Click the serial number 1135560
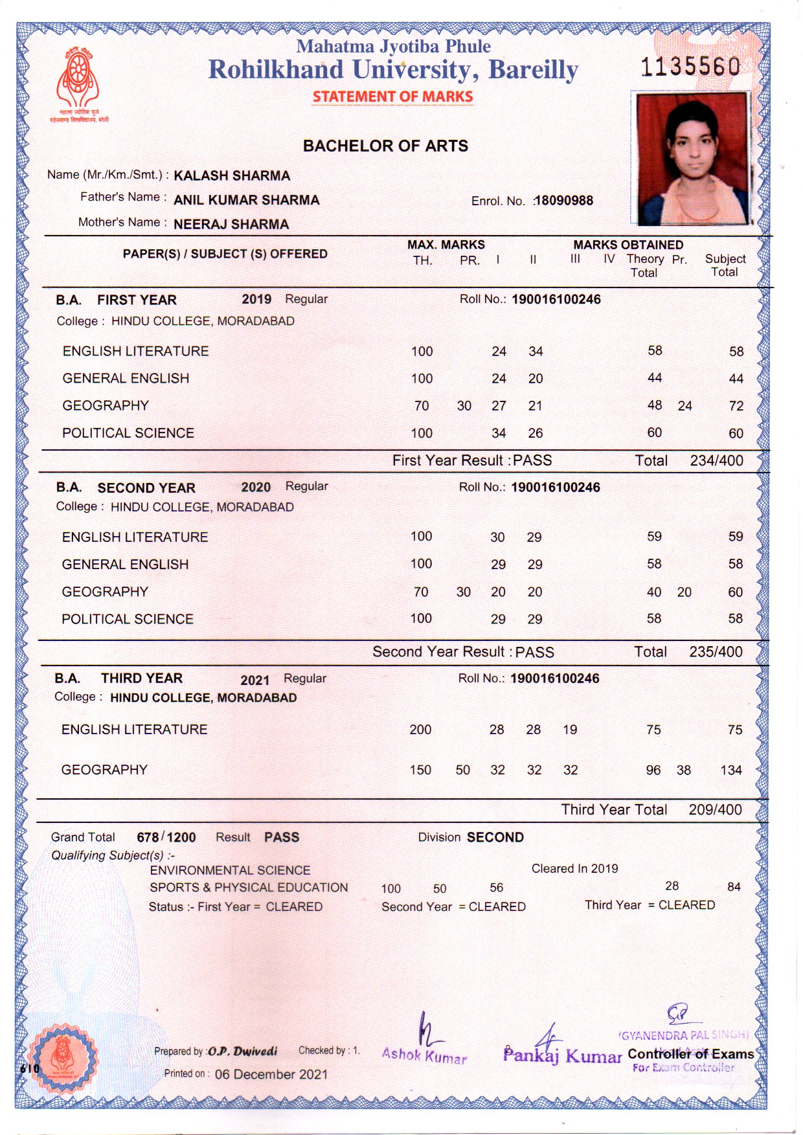coord(690,67)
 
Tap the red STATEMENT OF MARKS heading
coord(392,97)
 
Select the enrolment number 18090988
coord(563,201)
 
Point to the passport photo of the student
coord(692,159)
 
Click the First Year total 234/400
coord(716,461)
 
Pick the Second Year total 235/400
coord(716,652)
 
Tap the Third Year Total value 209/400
coord(715,810)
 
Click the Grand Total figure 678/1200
coord(166,838)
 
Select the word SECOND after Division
coord(495,838)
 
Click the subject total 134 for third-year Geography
coord(731,770)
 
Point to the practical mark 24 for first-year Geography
coord(685,407)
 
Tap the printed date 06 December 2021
coord(271,1075)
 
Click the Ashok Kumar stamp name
coord(424,1055)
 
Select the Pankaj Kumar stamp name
coord(562,1057)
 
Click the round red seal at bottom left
coord(63,1058)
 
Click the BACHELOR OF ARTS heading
coord(385,146)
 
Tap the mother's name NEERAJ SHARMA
coord(231,225)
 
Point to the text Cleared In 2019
coord(574,869)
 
